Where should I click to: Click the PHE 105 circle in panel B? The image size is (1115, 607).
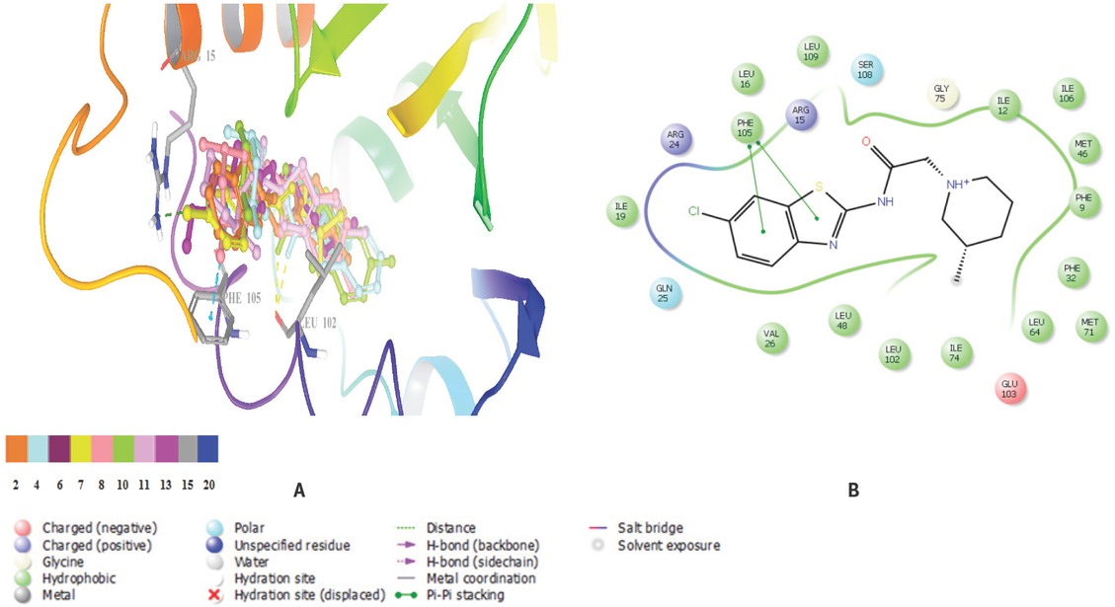click(748, 128)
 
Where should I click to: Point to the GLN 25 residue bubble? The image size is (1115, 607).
click(665, 294)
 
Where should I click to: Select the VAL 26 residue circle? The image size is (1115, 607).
click(772, 338)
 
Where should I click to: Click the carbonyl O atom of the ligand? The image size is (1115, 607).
click(865, 141)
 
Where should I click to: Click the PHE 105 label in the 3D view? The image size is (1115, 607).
click(241, 297)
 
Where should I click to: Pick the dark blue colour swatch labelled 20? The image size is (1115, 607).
click(206, 448)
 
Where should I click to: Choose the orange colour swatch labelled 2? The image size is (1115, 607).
click(16, 448)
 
